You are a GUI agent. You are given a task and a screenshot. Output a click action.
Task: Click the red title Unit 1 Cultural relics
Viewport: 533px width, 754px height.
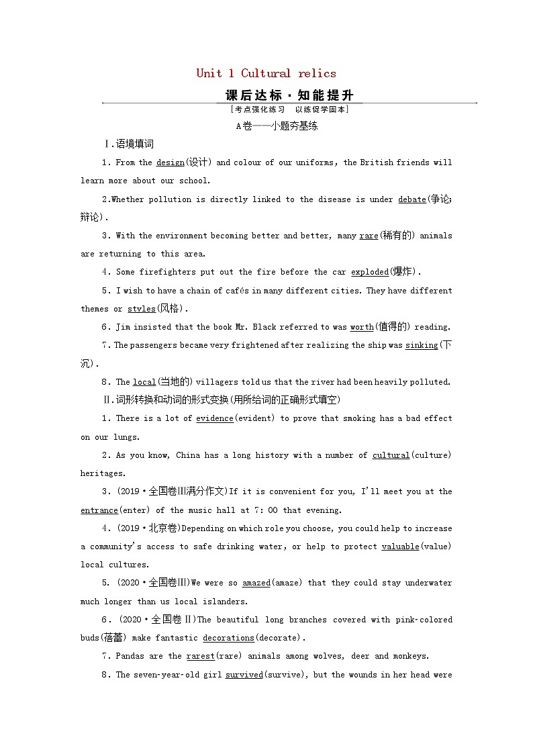(x=266, y=73)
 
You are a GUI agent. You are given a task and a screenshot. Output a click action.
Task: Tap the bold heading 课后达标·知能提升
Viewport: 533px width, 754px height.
(x=289, y=95)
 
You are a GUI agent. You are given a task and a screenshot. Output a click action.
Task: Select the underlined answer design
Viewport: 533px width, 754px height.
(x=170, y=162)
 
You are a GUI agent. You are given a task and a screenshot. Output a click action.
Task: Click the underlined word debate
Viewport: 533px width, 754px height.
(x=411, y=199)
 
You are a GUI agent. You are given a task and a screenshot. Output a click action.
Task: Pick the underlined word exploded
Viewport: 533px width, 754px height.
(x=370, y=272)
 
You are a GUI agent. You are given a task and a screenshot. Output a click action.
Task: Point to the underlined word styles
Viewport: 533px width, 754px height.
(x=141, y=309)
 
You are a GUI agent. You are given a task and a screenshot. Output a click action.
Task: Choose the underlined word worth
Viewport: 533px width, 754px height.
(x=362, y=327)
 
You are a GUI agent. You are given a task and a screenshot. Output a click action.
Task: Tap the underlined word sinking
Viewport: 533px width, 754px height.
(x=421, y=345)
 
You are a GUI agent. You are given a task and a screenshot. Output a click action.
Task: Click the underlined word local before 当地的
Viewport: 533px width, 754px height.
(x=144, y=382)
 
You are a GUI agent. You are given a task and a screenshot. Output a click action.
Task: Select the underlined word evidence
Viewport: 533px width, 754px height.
(x=214, y=418)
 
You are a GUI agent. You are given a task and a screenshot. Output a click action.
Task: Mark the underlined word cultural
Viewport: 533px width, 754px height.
(x=391, y=455)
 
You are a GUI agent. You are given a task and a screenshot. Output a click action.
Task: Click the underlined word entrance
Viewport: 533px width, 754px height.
(x=99, y=510)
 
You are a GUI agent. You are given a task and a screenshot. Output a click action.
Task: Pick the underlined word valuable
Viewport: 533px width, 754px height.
(x=400, y=547)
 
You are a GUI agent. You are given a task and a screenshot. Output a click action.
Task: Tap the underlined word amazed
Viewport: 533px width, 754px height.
(x=256, y=583)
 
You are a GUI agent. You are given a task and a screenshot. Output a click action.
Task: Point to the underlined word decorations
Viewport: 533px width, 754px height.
(x=228, y=638)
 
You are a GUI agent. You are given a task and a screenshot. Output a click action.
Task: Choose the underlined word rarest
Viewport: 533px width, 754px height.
(x=200, y=656)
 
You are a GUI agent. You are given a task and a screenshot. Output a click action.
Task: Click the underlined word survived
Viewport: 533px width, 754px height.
(x=244, y=675)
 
